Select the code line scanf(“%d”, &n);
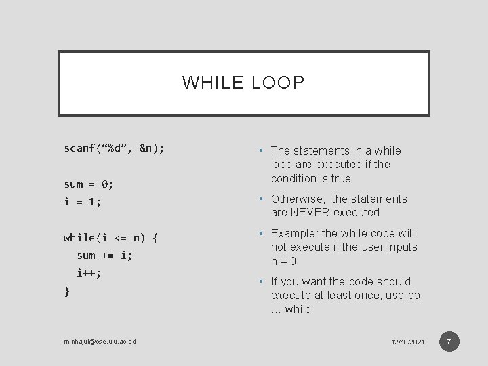coord(114,148)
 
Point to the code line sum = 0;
coord(89,184)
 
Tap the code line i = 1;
coord(82,201)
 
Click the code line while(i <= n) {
coord(111,237)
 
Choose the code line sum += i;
coord(104,256)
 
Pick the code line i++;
coord(89,273)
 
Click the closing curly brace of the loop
coord(66,291)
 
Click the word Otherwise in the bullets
coord(298,199)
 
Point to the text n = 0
coord(284,261)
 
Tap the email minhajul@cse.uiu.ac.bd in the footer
coord(100,341)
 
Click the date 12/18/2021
coord(407,342)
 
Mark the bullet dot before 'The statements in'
coord(261,151)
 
